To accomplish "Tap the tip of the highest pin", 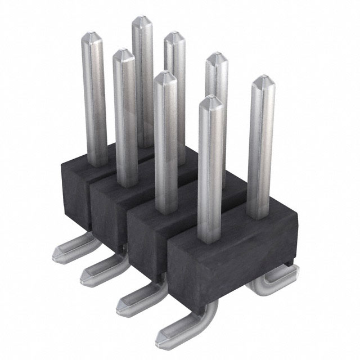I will point(142,21).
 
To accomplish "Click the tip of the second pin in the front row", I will point(124,55).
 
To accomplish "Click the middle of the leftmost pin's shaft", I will point(94,101).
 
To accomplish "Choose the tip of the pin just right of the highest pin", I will point(175,38).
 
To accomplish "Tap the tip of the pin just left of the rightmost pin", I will point(216,60).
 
